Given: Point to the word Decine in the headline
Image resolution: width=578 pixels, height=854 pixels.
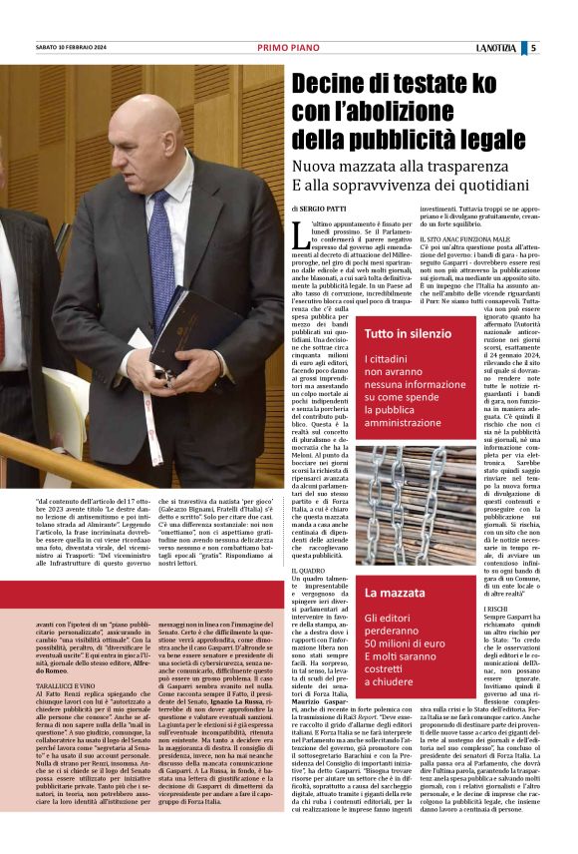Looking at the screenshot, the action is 335,87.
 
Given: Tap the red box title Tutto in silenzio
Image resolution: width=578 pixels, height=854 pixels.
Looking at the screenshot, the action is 408,333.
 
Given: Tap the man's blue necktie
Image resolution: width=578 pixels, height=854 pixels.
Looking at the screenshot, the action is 159,254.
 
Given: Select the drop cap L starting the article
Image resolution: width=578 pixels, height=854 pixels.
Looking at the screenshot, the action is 300,234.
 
